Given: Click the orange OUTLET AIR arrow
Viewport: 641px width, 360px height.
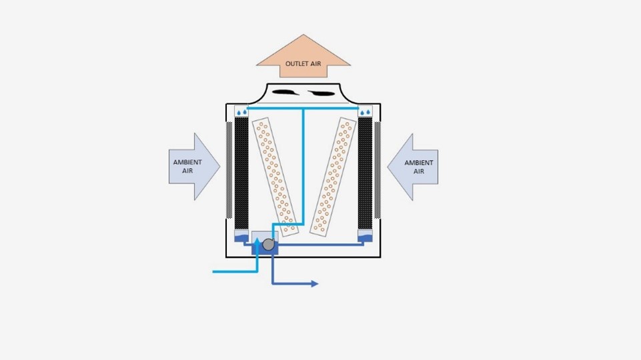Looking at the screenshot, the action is [x=303, y=57].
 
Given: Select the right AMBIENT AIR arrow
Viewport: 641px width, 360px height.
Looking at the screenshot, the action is [x=413, y=167].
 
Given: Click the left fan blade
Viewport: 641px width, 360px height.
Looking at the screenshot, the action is [x=285, y=93].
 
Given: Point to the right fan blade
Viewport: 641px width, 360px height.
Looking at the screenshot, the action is [x=322, y=93].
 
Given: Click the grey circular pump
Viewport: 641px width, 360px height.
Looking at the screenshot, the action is [x=268, y=245].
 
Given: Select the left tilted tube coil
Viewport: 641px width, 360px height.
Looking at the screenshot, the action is [x=275, y=177].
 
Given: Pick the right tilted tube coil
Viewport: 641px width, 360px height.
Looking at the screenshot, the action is [x=333, y=177].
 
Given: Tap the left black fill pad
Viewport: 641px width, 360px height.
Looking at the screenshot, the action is [x=241, y=173].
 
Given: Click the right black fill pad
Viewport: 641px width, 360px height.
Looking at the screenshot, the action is [x=365, y=173].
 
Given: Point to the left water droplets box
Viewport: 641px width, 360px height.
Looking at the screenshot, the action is [x=241, y=111].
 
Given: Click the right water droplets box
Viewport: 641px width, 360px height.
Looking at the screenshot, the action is [x=365, y=111].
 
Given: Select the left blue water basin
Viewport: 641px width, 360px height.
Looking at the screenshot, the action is [x=241, y=236].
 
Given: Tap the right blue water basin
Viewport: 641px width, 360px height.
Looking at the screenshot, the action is [x=365, y=236].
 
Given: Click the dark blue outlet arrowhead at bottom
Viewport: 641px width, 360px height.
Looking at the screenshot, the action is [x=315, y=283].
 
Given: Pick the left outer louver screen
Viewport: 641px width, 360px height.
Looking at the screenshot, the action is [x=229, y=170].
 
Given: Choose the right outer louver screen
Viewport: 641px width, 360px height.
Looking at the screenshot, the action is [x=378, y=170].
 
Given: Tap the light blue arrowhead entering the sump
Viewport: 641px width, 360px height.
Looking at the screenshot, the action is [x=257, y=241].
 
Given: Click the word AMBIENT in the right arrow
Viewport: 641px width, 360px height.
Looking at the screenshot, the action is [x=419, y=163].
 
